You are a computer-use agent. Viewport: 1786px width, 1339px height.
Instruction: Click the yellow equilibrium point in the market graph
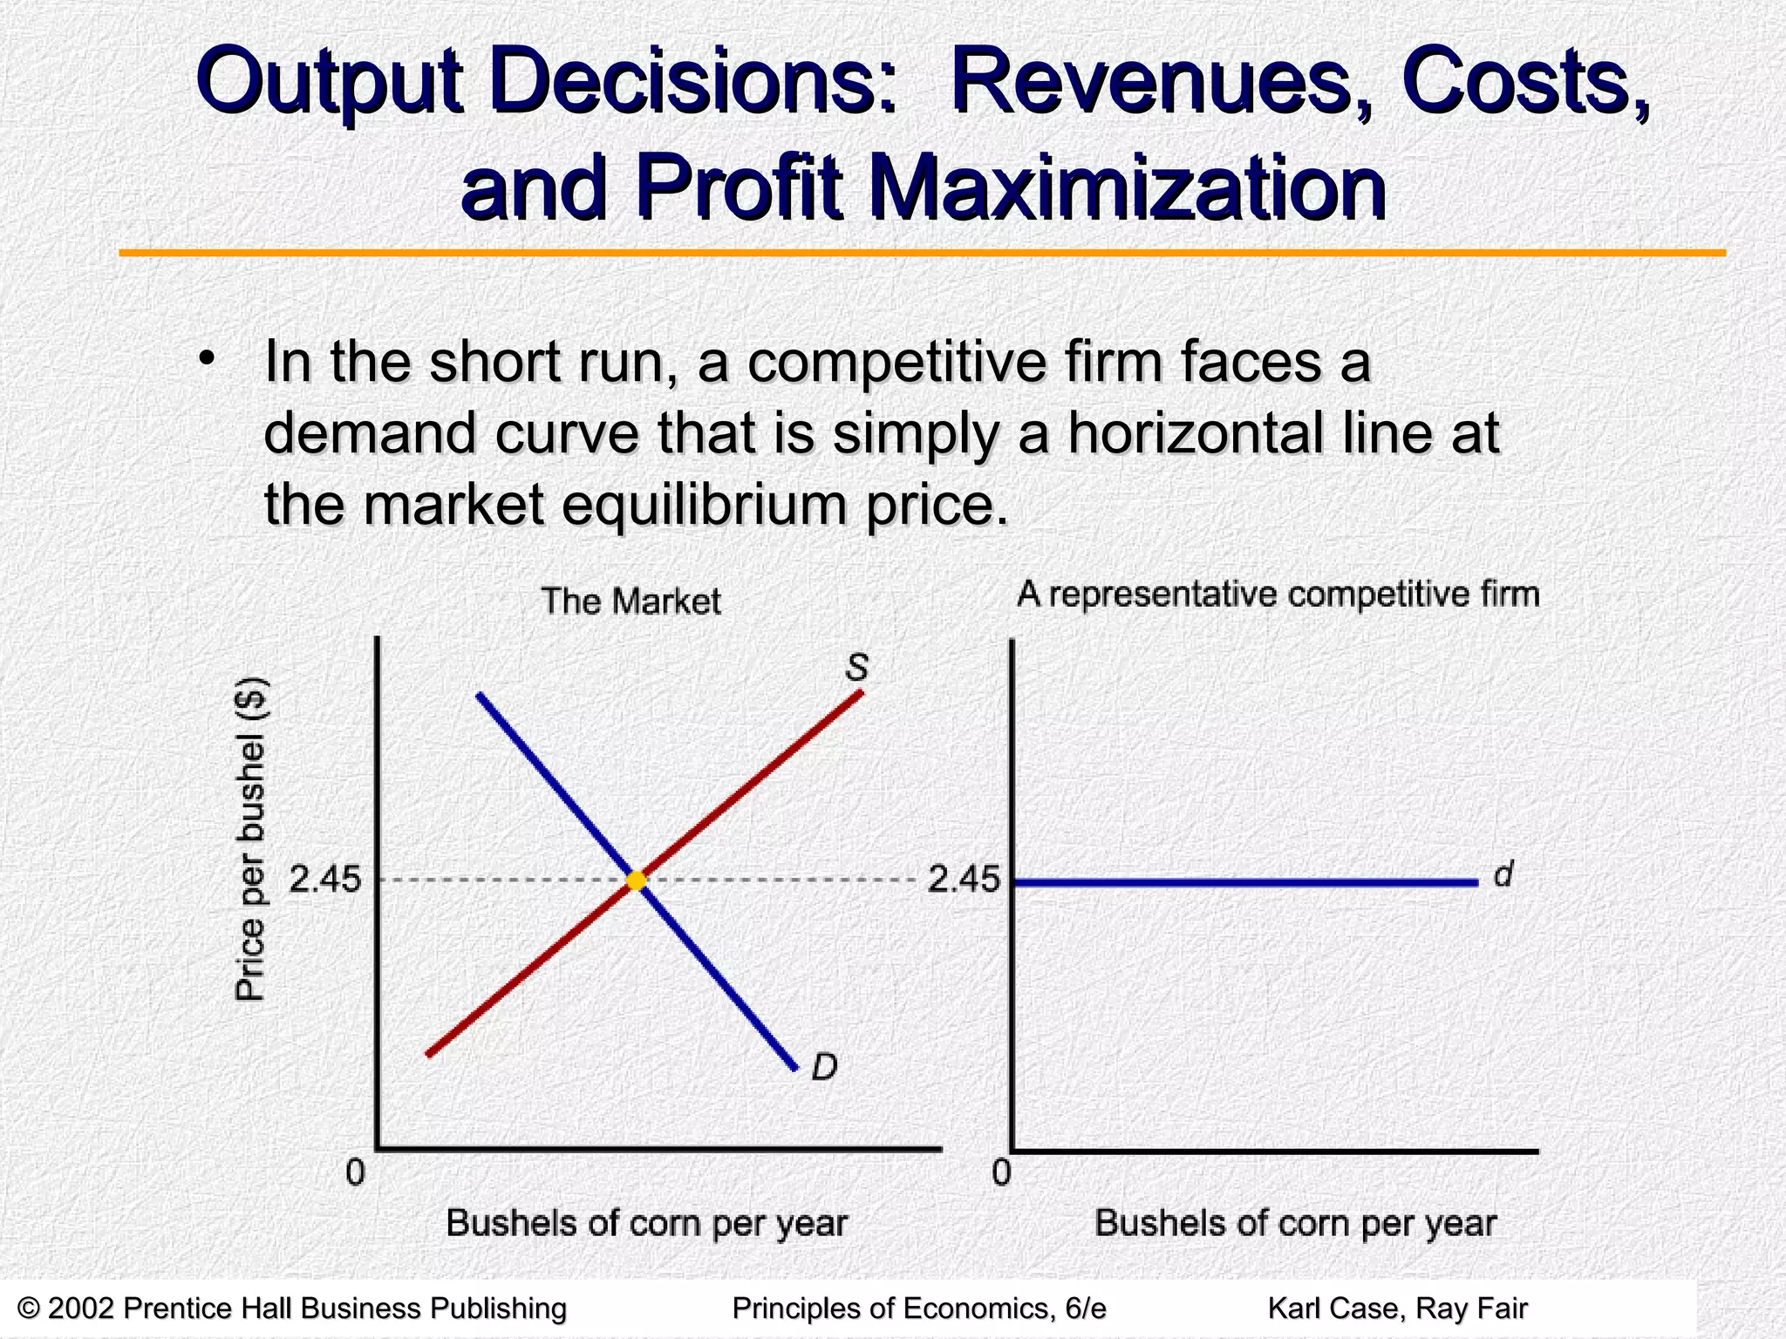(x=637, y=880)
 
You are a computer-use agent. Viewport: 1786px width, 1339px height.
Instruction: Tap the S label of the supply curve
(x=857, y=668)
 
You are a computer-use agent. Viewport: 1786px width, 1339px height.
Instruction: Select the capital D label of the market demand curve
(x=824, y=1066)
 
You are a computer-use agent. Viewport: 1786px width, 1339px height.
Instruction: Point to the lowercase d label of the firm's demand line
(x=1503, y=874)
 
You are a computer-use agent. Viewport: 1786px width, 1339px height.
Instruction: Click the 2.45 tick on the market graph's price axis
(x=324, y=880)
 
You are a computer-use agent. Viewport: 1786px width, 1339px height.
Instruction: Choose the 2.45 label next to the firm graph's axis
(x=963, y=880)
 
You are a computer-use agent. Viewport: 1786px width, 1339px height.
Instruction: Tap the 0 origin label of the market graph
(x=355, y=1173)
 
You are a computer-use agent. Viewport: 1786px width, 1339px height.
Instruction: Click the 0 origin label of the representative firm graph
(x=1001, y=1173)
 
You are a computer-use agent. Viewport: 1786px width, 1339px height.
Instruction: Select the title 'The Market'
(x=631, y=602)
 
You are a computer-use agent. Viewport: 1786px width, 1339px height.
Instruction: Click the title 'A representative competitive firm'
(x=1278, y=595)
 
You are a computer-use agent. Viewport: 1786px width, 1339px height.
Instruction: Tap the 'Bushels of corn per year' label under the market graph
(x=646, y=1223)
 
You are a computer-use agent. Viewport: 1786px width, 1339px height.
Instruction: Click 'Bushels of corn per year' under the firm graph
(x=1295, y=1223)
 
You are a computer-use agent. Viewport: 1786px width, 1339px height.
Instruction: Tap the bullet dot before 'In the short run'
(x=206, y=358)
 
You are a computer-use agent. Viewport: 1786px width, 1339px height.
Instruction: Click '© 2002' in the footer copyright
(x=65, y=1308)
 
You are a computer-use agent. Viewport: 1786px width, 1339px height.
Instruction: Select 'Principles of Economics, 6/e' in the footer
(x=919, y=1308)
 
